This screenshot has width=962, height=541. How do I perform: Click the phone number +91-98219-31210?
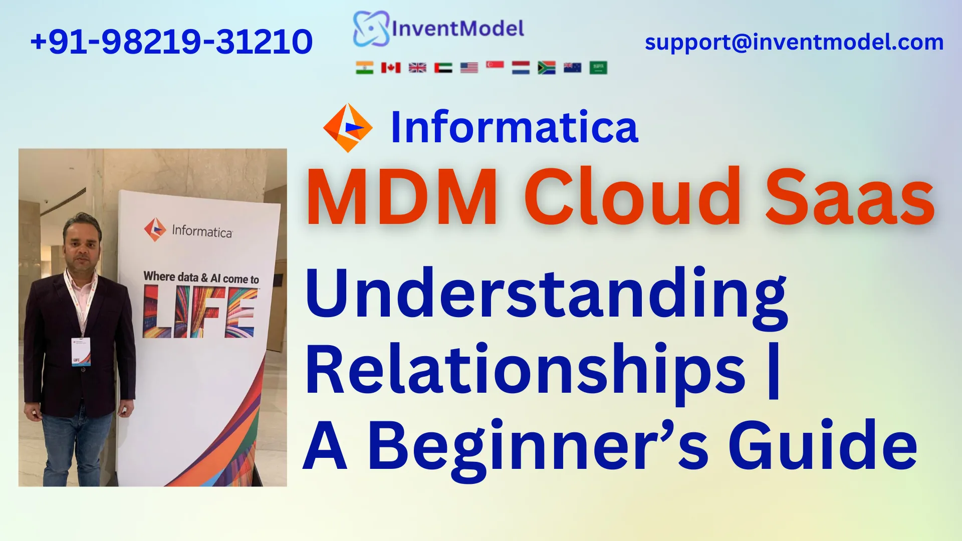coord(171,42)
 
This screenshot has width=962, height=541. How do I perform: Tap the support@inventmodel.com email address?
coord(794,42)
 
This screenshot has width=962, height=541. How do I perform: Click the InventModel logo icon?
coord(371,29)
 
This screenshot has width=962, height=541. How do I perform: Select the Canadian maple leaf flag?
coord(390,68)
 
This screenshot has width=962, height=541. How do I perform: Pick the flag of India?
coord(364,68)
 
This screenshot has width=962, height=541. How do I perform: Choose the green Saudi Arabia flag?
coord(598,68)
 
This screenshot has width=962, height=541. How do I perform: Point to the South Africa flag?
coord(546,68)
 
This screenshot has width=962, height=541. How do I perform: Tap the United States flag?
coord(469,68)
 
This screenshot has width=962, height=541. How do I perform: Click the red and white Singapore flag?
coord(495,66)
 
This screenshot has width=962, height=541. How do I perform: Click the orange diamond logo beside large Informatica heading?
coord(348,128)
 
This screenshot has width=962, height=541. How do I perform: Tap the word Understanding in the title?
coord(546,296)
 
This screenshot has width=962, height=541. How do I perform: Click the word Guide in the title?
coord(822,446)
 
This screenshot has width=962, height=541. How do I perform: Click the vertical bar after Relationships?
coord(774,371)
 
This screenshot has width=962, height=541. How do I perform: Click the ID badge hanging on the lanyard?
coord(81,351)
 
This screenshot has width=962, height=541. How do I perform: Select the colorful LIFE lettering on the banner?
coord(200,312)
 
